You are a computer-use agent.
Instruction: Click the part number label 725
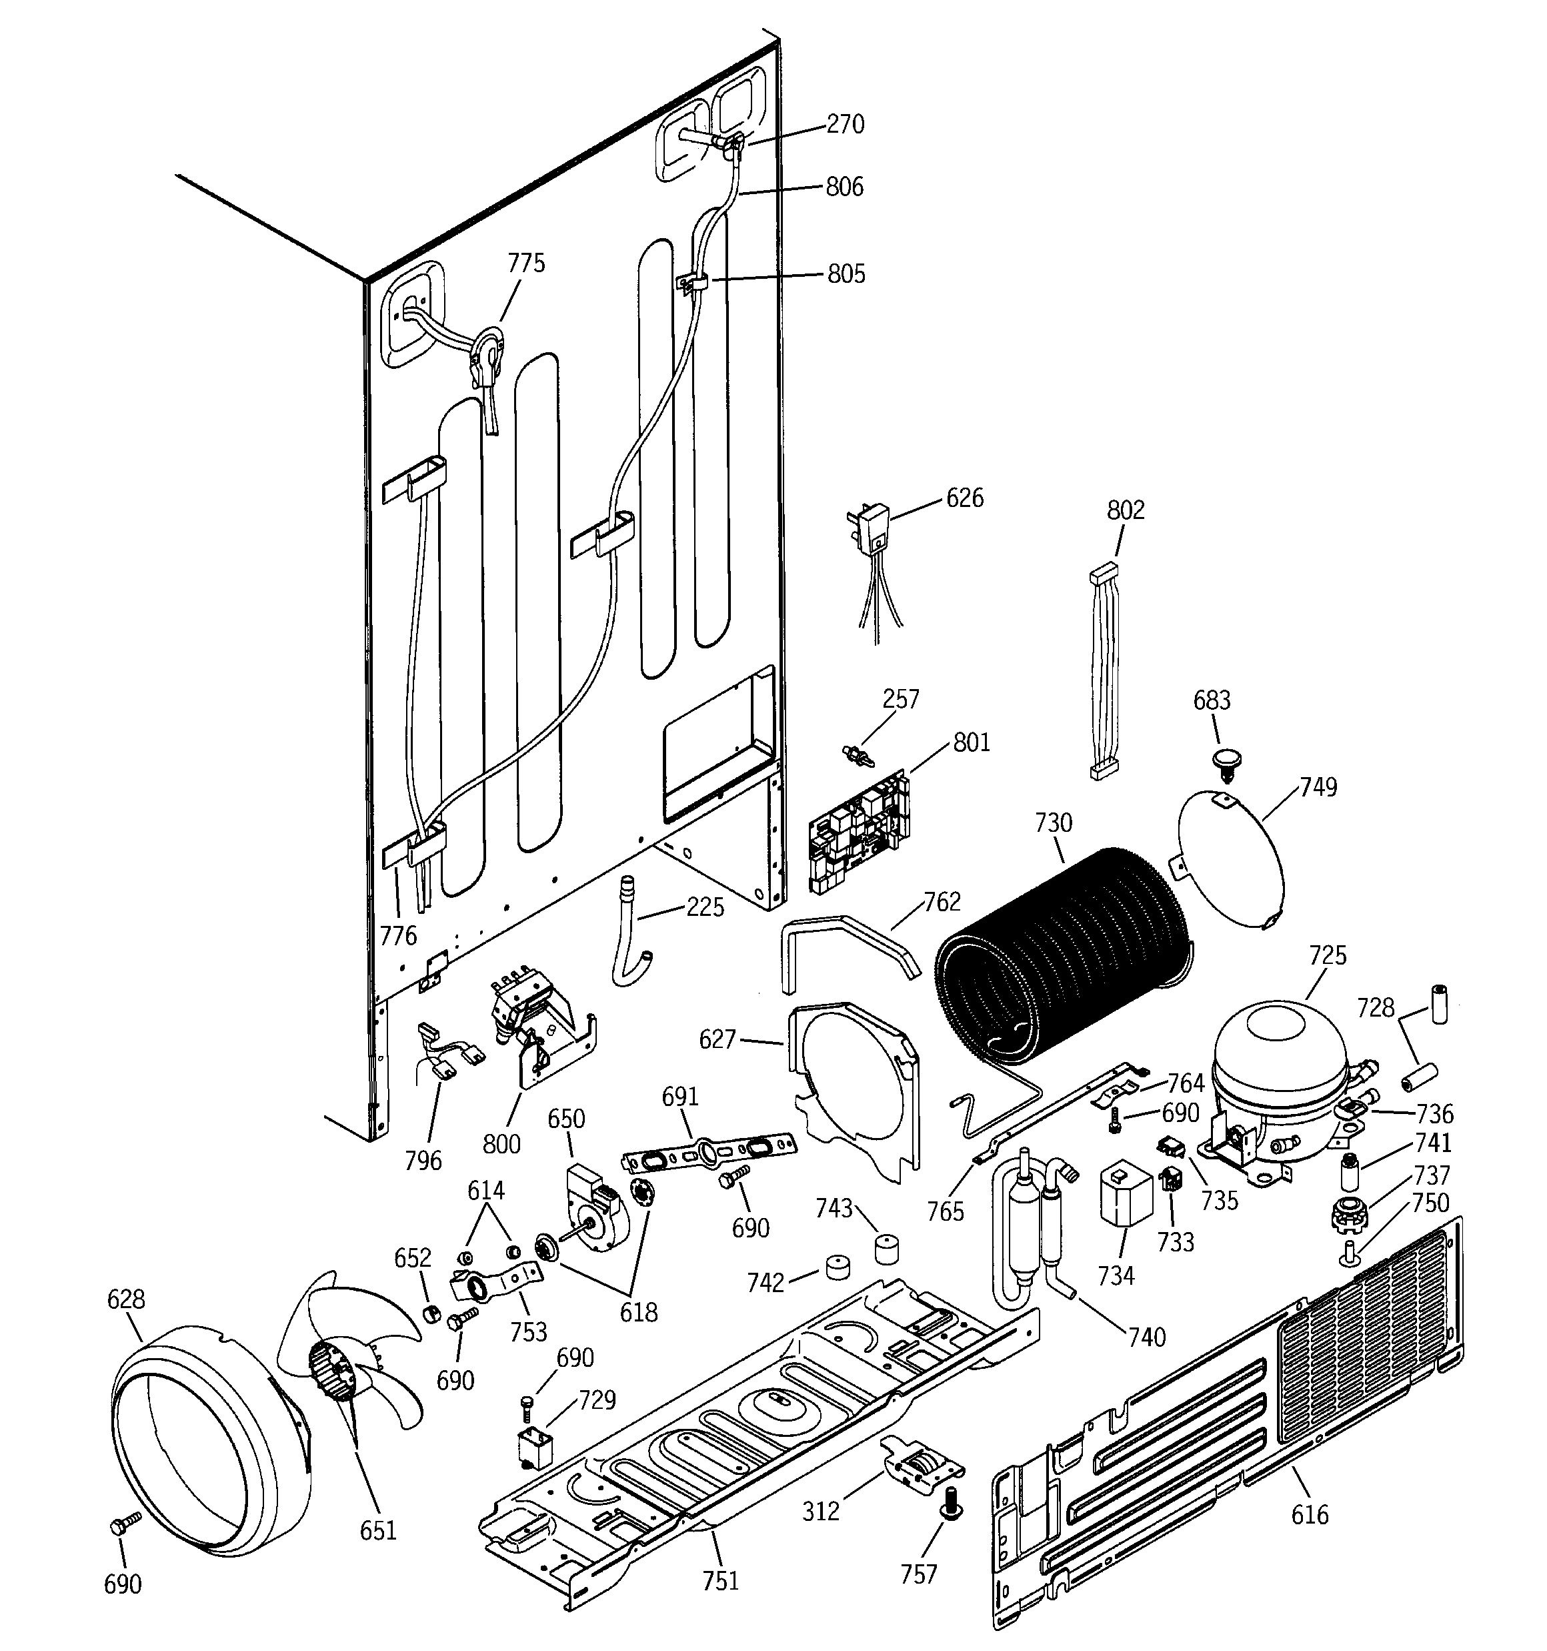pyautogui.click(x=1327, y=956)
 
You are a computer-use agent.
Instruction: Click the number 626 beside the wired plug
pyautogui.click(x=964, y=498)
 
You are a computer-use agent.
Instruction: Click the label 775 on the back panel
pyautogui.click(x=527, y=263)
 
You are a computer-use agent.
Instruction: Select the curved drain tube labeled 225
pyautogui.click(x=631, y=930)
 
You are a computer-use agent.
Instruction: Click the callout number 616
pyautogui.click(x=1310, y=1516)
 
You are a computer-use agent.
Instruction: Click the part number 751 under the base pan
pyautogui.click(x=720, y=1580)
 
